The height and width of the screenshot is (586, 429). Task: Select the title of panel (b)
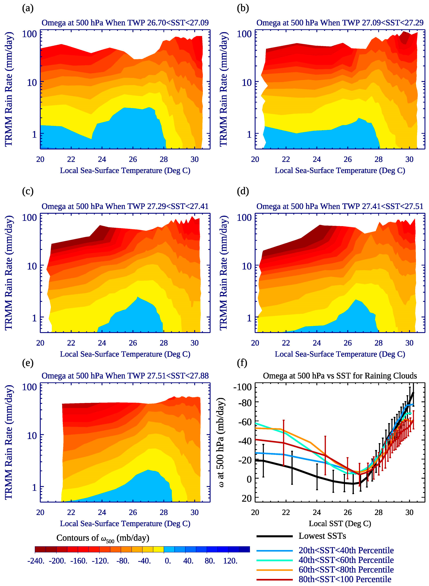[340, 23]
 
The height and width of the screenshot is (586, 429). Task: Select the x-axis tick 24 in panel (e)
[102, 512]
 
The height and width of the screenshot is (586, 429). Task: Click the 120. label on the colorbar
[230, 561]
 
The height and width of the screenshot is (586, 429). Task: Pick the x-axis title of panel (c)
[125, 354]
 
